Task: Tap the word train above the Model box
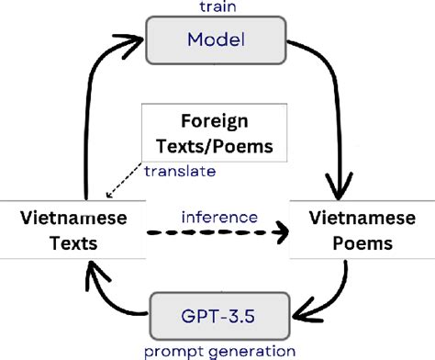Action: pos(217,6)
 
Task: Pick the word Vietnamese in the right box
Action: pos(351,218)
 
